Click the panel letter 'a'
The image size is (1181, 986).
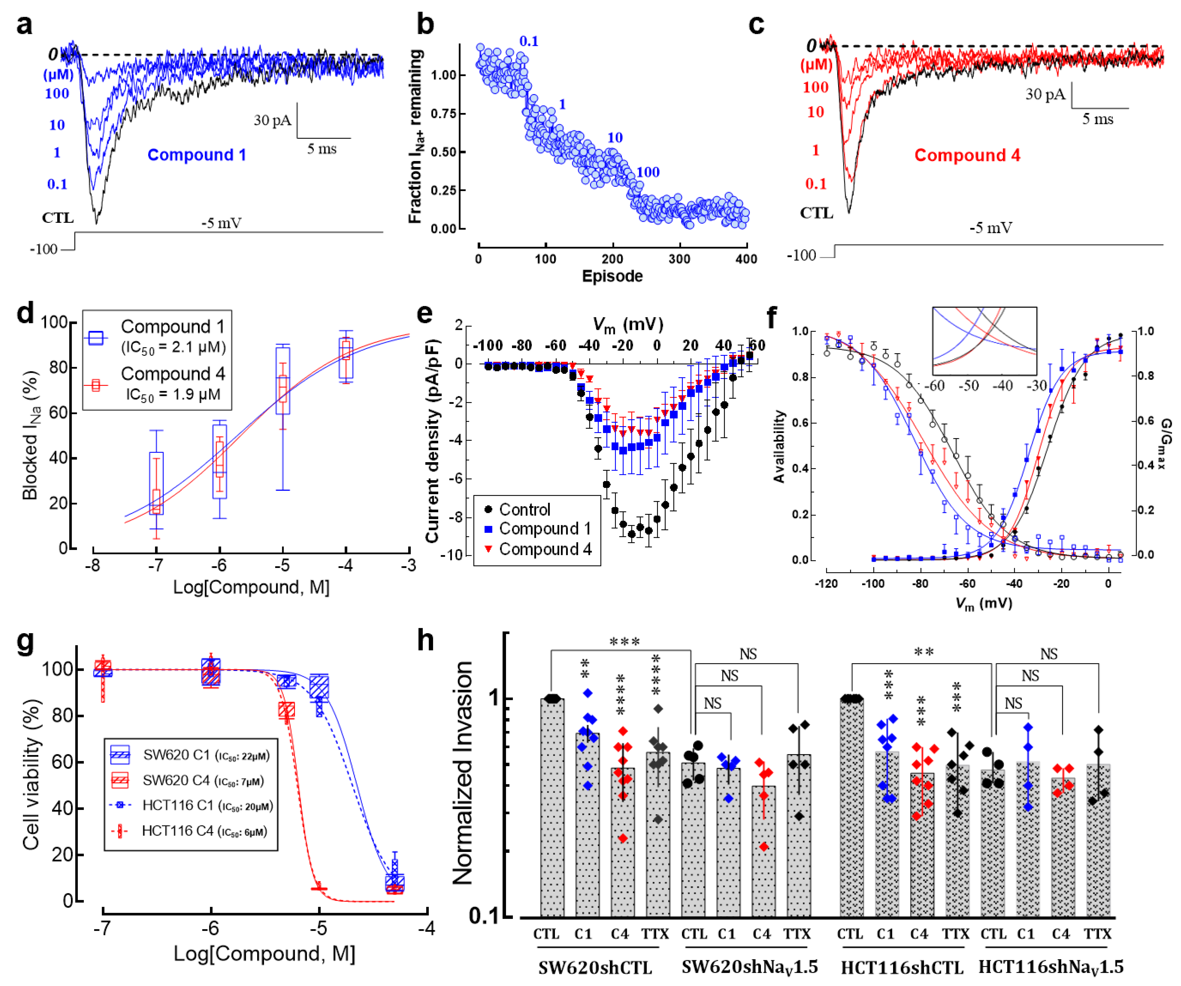24,25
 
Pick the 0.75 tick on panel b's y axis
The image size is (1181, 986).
443,113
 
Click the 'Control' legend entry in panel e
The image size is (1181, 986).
524,510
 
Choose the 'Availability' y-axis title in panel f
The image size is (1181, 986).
779,446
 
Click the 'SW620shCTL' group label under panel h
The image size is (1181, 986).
595,967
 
